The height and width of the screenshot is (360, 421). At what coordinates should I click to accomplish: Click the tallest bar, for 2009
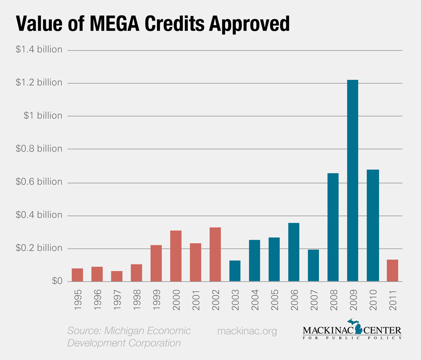click(352, 181)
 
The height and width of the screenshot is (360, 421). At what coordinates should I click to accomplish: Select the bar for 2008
click(333, 227)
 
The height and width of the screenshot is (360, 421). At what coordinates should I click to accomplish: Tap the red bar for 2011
click(392, 270)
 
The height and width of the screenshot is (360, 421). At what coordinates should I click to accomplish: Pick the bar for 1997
click(117, 276)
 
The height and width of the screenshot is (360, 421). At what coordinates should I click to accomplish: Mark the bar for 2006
click(293, 252)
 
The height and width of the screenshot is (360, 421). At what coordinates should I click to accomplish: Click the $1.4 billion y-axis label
click(39, 50)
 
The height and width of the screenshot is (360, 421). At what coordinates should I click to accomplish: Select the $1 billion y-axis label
click(44, 116)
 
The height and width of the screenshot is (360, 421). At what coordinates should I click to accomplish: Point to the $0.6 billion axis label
click(39, 182)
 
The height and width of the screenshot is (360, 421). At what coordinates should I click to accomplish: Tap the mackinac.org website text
click(247, 331)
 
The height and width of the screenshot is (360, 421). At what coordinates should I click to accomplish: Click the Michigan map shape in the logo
click(358, 328)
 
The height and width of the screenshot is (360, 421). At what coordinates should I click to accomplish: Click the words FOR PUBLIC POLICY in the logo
click(352, 338)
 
